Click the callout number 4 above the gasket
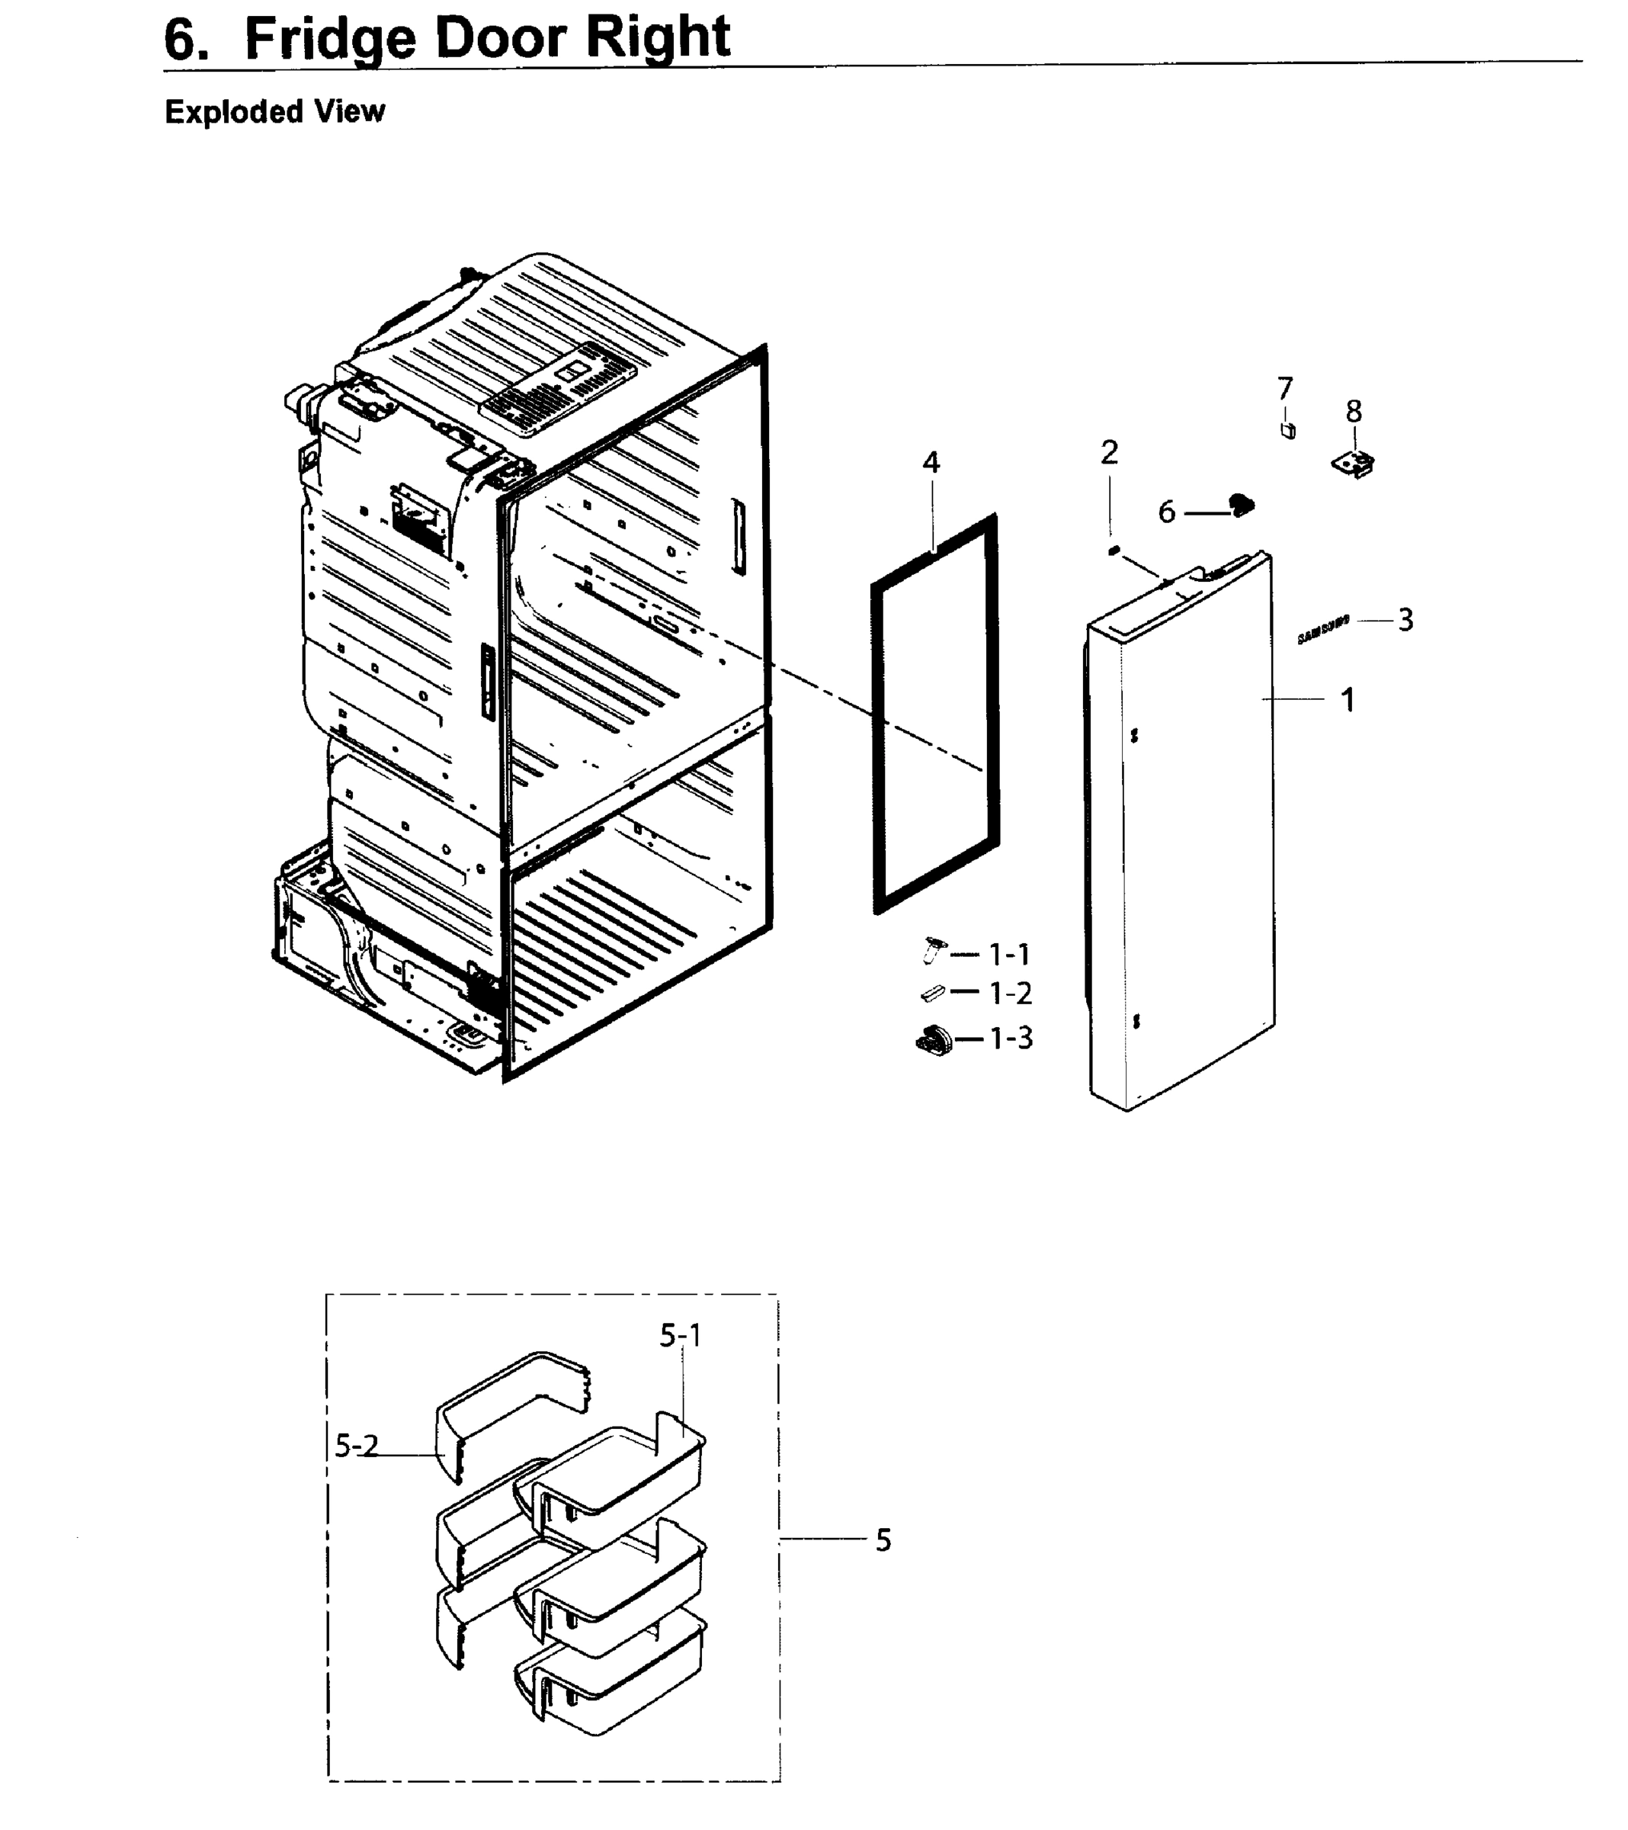[x=931, y=463]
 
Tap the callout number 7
[x=1285, y=389]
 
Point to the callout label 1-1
[x=1008, y=955]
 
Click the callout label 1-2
[x=1010, y=993]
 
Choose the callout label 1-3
[x=1011, y=1039]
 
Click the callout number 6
[x=1166, y=512]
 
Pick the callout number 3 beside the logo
[x=1405, y=620]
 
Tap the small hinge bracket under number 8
[x=1353, y=464]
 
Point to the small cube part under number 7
[x=1289, y=431]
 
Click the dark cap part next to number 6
[x=1242, y=506]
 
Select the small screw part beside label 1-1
[x=933, y=950]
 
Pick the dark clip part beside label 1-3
[x=934, y=1040]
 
